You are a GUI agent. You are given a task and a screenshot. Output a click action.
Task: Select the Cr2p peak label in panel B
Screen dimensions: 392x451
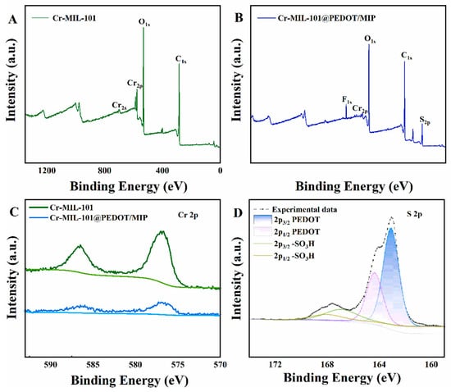pyautogui.click(x=359, y=108)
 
